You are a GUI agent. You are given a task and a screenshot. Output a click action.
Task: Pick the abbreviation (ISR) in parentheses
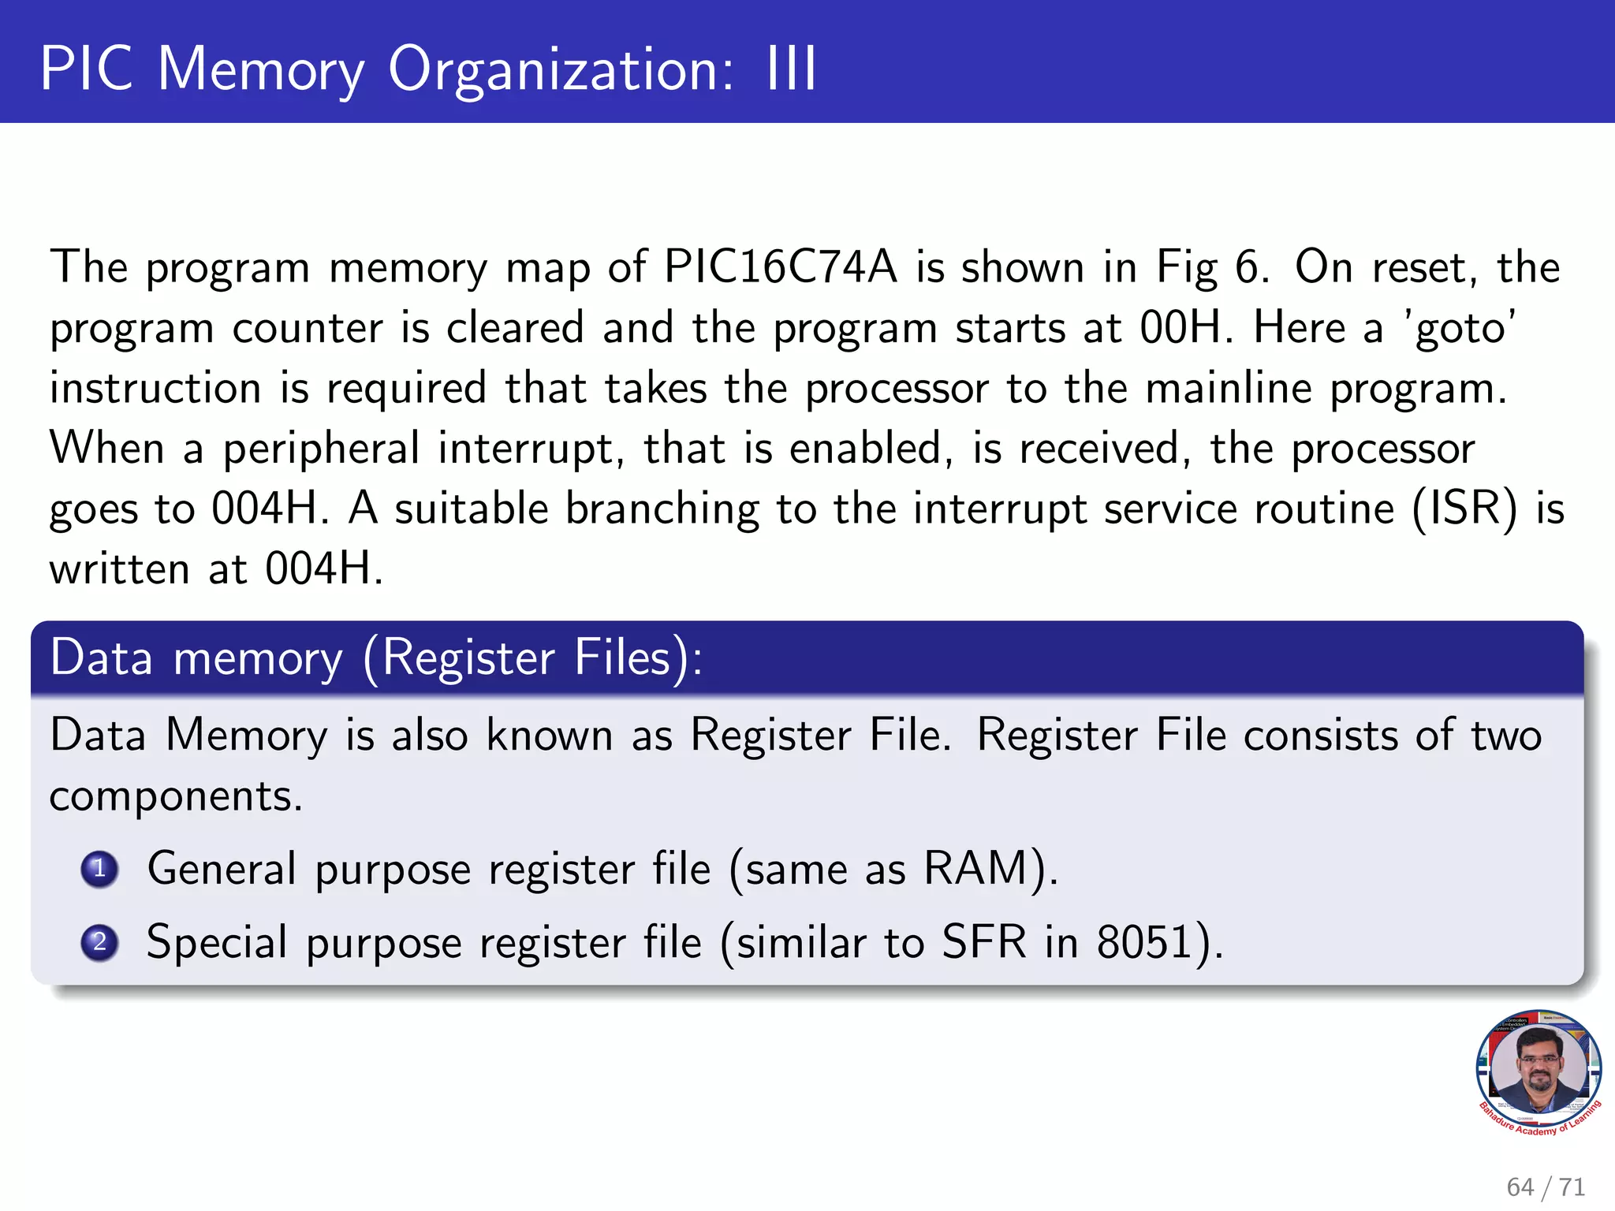(x=1464, y=509)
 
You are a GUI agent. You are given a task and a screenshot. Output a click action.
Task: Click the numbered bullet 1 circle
(x=99, y=869)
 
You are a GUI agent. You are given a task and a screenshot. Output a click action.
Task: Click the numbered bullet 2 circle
(x=99, y=942)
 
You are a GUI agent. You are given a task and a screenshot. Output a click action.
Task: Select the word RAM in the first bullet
(x=975, y=869)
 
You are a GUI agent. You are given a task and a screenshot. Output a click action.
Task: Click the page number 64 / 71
(x=1545, y=1187)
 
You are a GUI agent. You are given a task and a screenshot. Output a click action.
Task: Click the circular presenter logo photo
(x=1539, y=1069)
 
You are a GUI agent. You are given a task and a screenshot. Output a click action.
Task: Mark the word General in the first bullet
(x=222, y=869)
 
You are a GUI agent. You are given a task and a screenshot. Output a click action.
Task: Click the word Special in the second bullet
(x=217, y=942)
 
